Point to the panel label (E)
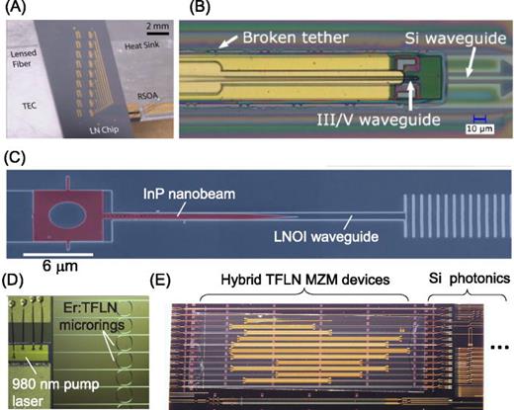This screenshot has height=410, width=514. [157, 276]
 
